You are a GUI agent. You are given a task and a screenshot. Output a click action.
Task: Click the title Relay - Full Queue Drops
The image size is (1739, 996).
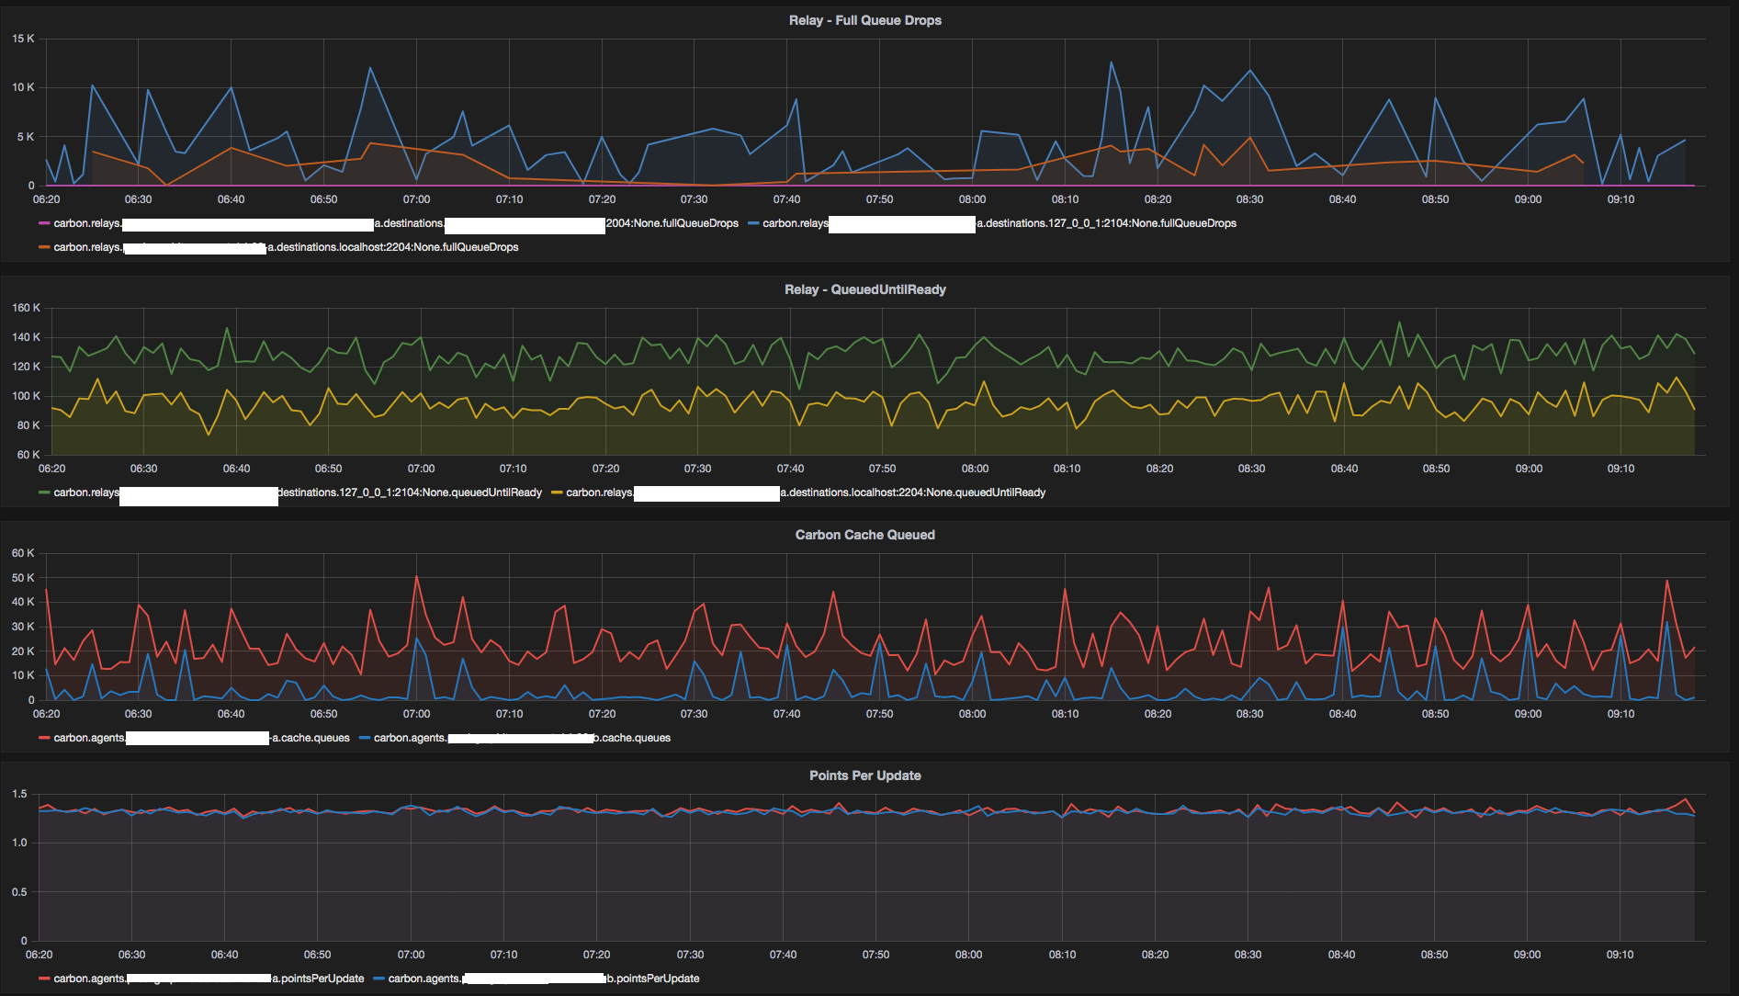864,20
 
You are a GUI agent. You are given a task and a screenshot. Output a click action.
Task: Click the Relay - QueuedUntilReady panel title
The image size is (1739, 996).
864,289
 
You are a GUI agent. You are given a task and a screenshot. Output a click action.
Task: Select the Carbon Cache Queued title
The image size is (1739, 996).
864,535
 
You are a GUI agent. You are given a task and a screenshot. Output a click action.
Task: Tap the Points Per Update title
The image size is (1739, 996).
864,775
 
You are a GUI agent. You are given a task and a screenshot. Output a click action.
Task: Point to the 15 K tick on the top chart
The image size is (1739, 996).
23,39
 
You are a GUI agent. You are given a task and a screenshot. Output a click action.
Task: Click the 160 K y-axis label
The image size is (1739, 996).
26,308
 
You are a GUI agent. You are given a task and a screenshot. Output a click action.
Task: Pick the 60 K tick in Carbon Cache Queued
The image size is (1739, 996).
23,553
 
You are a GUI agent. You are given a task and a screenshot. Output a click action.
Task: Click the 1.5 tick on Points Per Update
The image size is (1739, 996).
19,794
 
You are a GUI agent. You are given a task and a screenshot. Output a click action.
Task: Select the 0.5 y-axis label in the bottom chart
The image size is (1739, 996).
19,892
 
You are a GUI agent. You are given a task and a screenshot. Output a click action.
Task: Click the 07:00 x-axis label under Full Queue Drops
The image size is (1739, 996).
416,199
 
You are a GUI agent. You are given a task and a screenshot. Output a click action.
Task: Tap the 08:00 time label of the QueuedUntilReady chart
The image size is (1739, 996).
975,469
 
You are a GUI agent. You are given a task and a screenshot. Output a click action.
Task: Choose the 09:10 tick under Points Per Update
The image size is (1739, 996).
1620,955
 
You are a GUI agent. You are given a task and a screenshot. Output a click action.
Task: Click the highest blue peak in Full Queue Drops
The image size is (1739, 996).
1111,62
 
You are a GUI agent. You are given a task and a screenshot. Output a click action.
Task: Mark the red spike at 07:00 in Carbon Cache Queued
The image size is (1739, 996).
416,576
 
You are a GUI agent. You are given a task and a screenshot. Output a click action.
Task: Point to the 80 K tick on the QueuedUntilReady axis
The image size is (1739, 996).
28,425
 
